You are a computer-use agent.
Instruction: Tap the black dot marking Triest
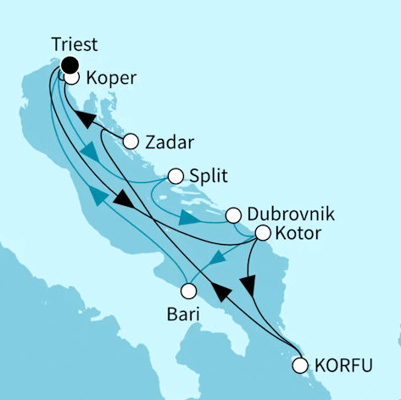click(69, 64)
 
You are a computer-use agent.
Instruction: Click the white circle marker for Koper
click(72, 78)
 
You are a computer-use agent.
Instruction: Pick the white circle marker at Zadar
click(131, 142)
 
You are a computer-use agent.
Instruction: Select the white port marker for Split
click(175, 176)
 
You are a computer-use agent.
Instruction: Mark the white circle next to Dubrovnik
click(233, 214)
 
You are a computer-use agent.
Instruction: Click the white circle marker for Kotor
click(263, 232)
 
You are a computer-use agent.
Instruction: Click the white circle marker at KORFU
click(299, 366)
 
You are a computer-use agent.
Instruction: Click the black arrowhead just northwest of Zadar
click(85, 117)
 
